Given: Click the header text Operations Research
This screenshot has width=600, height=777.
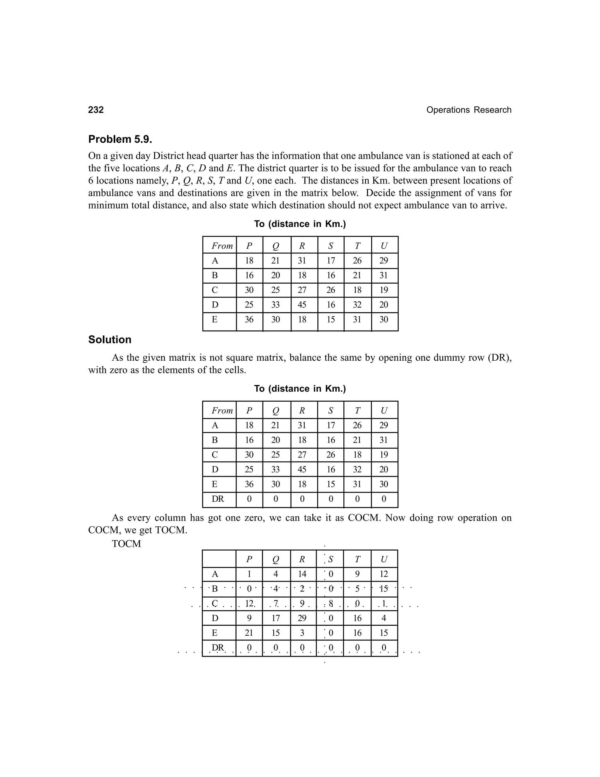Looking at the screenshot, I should coord(468,110).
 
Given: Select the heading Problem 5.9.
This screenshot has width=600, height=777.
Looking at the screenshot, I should coord(120,139).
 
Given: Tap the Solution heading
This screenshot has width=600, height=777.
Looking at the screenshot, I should coord(110,340).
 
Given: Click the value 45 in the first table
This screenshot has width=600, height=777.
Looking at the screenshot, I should coord(302,305).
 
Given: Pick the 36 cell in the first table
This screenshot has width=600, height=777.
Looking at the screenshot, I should coord(249,320).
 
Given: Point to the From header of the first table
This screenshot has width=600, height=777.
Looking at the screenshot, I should coord(222,246).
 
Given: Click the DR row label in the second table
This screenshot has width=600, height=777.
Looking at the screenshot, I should coord(218,499).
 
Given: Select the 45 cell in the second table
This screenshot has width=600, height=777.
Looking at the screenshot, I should coord(302,470).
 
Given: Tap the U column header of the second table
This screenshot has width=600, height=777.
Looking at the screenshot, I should coord(384,410).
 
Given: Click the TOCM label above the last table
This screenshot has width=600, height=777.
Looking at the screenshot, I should coord(126,544).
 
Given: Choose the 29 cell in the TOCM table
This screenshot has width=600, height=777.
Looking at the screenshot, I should coord(302,618).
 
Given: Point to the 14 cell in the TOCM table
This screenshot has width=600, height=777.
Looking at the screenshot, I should coord(302,574).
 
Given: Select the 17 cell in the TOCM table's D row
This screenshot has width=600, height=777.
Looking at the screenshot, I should coord(275,618).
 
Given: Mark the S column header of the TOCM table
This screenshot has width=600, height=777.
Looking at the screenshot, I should coord(330,559).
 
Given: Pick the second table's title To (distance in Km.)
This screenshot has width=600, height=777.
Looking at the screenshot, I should coord(300,389).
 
